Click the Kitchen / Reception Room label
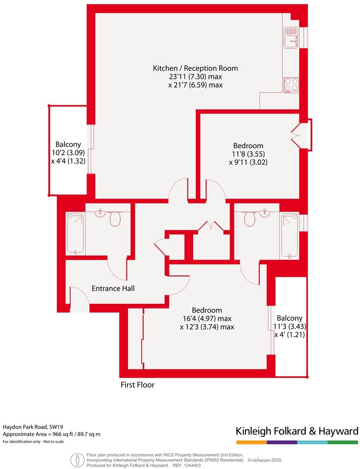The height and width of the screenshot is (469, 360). pyautogui.click(x=195, y=68)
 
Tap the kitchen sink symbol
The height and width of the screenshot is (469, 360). pyautogui.click(x=291, y=38)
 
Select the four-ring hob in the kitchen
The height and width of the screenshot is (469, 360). pyautogui.click(x=291, y=85)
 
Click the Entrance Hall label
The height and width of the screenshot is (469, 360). pyautogui.click(x=113, y=289)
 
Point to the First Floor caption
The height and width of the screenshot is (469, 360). pyautogui.click(x=137, y=385)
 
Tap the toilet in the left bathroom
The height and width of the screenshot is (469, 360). pyautogui.click(x=115, y=219)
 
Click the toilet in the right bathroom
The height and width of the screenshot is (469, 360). pyautogui.click(x=249, y=219)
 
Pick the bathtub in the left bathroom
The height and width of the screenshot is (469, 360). pyautogui.click(x=76, y=233)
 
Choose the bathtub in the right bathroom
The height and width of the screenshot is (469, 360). pyautogui.click(x=289, y=235)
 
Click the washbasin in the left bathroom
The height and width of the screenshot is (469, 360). pyautogui.click(x=100, y=213)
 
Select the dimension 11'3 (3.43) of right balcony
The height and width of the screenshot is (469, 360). pyautogui.click(x=289, y=327)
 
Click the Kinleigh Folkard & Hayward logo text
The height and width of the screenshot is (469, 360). pyautogui.click(x=297, y=431)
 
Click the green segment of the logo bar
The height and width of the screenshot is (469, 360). pyautogui.click(x=343, y=442)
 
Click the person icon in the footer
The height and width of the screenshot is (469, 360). pyautogui.click(x=76, y=460)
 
